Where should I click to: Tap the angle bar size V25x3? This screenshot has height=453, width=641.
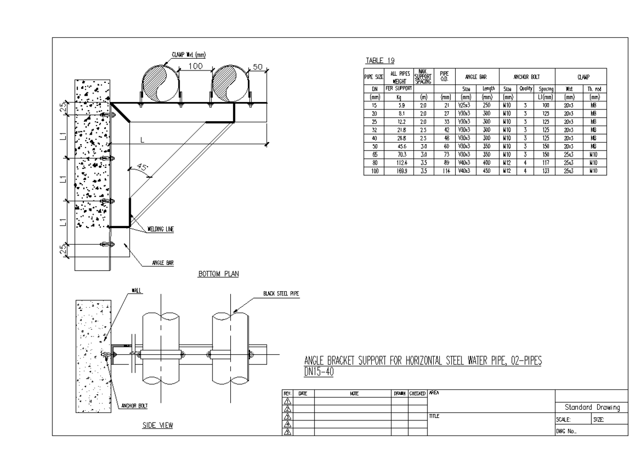464,106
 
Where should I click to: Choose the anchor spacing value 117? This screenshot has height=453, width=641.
545,164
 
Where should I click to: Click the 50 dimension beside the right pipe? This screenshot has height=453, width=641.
258,67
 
